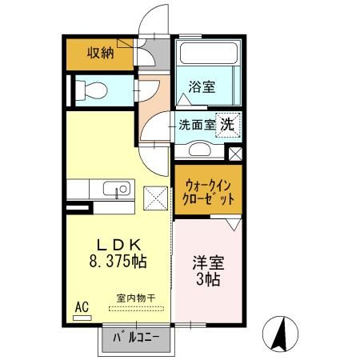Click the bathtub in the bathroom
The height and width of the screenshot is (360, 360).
click(x=208, y=56)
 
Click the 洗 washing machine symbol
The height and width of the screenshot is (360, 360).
click(x=227, y=124)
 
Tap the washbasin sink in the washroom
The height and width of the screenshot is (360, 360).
click(x=197, y=150)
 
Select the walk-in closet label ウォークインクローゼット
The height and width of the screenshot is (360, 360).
click(x=207, y=191)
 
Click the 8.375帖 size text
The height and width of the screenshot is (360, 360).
click(x=118, y=261)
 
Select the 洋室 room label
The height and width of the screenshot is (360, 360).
click(x=206, y=262)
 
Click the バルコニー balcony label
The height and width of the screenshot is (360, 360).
click(x=134, y=339)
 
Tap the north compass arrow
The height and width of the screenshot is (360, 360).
click(x=281, y=333)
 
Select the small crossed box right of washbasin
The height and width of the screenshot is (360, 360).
click(x=235, y=154)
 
